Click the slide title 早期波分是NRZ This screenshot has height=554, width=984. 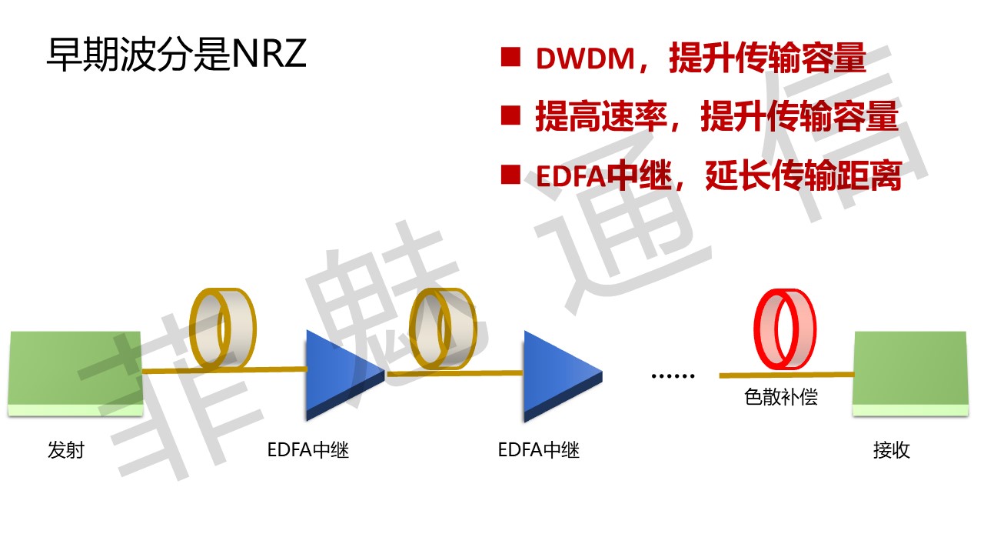coord(177,55)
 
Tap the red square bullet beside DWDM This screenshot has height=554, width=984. coord(510,58)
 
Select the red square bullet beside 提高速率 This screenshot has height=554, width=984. coord(510,116)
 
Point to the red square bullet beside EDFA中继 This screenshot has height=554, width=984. coord(510,175)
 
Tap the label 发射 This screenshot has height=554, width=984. coord(65,450)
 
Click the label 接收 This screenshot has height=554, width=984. coord(892,450)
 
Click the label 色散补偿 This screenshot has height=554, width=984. coord(781,397)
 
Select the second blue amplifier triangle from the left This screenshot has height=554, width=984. coord(557,375)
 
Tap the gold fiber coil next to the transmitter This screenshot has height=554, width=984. coord(222,328)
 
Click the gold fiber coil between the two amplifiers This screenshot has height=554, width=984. coord(441,329)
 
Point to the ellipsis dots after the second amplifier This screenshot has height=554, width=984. coord(673,376)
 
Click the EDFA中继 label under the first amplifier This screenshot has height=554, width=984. coord(308,450)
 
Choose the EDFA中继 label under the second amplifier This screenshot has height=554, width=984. coord(539,450)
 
